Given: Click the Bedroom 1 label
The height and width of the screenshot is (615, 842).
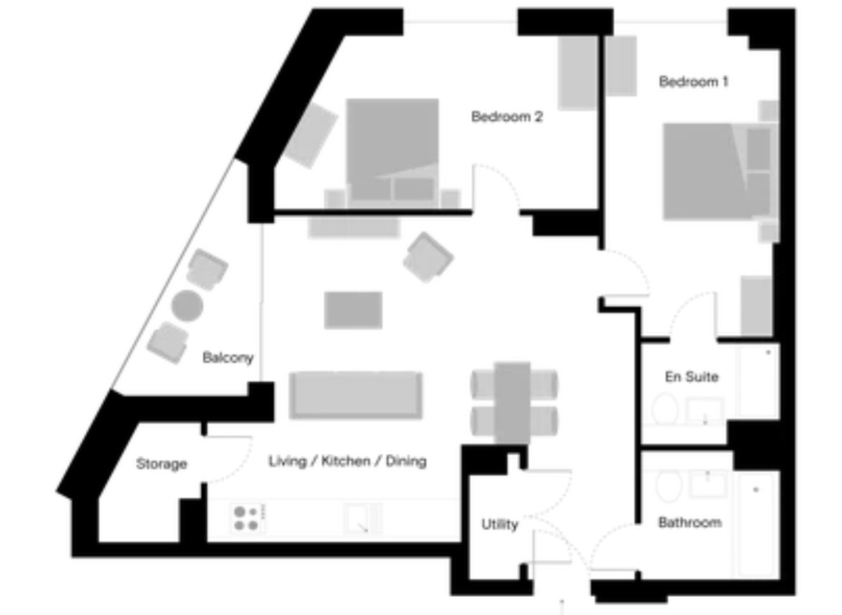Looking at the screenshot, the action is click(693, 82).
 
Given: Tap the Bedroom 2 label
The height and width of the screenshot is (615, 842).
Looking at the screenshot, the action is click(507, 117).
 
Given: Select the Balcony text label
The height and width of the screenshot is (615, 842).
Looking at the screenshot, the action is click(228, 357).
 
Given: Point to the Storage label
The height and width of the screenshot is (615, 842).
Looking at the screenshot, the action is click(161, 464).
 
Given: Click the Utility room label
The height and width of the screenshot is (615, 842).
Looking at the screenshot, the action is click(500, 524).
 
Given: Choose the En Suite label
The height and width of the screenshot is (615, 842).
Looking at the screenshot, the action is click(691, 376).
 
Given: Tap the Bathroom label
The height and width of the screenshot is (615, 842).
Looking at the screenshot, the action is click(690, 522).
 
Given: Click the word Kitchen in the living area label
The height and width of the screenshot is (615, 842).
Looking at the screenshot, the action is click(346, 461).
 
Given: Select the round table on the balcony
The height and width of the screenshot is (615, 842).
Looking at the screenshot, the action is click(188, 305).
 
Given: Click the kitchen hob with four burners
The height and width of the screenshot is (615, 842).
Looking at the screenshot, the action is click(246, 519).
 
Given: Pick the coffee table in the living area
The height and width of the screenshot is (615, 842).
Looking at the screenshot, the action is click(353, 310).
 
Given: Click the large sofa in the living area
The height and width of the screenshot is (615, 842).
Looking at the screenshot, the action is click(356, 395).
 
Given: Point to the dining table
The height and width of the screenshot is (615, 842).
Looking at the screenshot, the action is click(512, 403).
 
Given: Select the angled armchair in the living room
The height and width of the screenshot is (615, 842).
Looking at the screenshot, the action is click(428, 258).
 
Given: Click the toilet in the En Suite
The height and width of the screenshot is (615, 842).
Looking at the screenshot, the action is click(664, 409).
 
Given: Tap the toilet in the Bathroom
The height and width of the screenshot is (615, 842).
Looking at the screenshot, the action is click(668, 486).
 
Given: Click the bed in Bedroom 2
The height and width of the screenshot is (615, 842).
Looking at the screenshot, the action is click(392, 153).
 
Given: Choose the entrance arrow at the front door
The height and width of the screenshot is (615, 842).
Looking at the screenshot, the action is click(562, 607).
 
